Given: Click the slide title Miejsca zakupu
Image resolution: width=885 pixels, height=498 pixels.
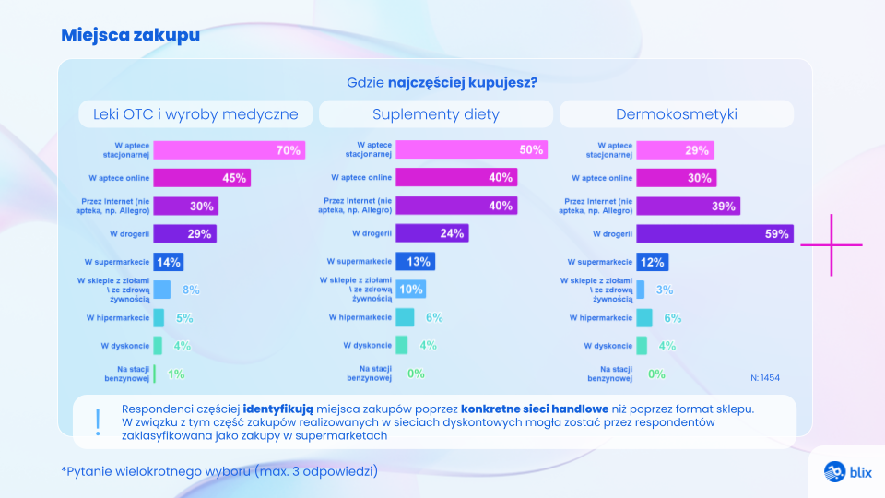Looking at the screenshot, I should (130, 35).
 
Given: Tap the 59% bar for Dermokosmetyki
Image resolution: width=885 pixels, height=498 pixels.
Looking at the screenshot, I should (714, 234).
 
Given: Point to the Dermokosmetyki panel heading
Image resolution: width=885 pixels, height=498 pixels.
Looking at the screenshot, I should (677, 114).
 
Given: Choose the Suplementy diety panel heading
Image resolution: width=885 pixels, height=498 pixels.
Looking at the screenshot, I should (436, 114).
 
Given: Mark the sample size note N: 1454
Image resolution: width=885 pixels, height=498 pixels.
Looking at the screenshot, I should (766, 377).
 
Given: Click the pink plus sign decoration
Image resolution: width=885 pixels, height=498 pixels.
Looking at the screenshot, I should (832, 244).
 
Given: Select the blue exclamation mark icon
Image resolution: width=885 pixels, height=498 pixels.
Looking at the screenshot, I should (98, 421).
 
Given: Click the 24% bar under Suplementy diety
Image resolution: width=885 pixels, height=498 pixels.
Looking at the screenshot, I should (432, 234).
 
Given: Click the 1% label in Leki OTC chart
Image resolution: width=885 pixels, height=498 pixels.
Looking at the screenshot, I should (176, 374).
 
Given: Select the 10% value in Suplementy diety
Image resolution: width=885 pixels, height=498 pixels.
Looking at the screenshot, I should (411, 290).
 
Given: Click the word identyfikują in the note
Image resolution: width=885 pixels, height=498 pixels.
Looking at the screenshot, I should (278, 408).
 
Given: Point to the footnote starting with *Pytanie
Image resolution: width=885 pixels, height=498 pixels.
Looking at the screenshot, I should (219, 470).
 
